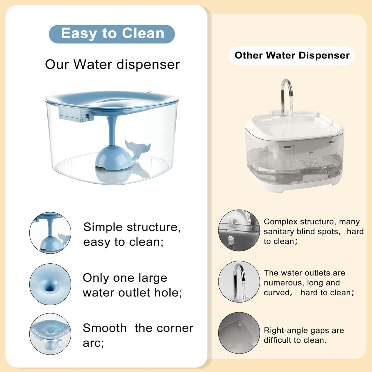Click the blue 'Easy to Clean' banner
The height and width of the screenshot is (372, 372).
click(112, 34)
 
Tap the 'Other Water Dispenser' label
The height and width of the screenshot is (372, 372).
click(292, 56)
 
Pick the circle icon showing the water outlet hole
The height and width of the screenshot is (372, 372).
click(50, 284)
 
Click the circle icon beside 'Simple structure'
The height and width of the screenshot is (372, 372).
click(50, 233)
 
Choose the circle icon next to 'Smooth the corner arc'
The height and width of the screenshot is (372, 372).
click(50, 334)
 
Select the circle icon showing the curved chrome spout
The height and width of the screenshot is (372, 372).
click(239, 282)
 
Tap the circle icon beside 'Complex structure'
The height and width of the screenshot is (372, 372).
click(239, 230)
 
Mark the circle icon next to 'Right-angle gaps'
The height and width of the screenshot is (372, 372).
click(239, 333)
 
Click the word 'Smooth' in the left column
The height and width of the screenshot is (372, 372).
click(105, 328)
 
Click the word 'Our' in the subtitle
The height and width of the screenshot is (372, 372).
click(57, 64)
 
